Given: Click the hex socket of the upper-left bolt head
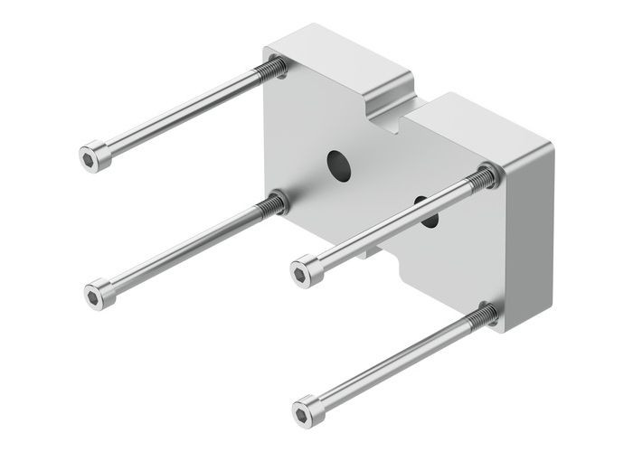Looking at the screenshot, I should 88,160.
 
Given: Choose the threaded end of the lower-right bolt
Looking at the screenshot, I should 483,317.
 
